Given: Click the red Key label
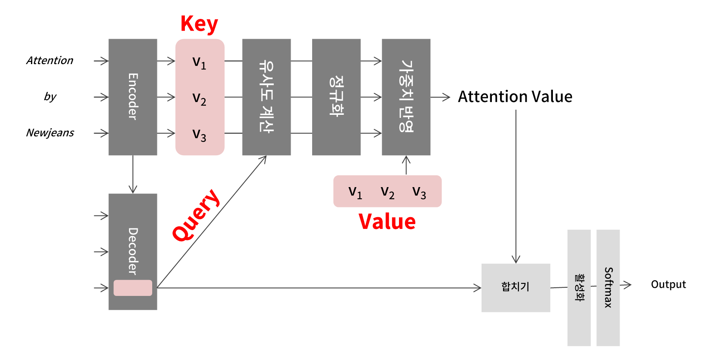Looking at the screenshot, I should (x=199, y=24).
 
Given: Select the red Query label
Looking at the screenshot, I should (x=196, y=215).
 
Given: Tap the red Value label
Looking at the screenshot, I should (x=387, y=222).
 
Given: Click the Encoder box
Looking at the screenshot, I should (x=133, y=97).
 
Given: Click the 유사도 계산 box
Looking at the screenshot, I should (x=267, y=97).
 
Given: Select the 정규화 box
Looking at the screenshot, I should (x=336, y=97).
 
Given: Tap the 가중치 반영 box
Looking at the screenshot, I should (x=406, y=97).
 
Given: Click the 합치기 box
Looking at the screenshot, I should (x=516, y=287).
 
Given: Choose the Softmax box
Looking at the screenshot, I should (x=608, y=287).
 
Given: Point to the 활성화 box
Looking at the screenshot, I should (x=579, y=287).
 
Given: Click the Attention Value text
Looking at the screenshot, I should (x=515, y=97).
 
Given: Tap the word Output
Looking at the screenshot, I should (x=668, y=284).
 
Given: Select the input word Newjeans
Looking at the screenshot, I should (x=50, y=132).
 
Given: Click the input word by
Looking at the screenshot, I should (x=50, y=97).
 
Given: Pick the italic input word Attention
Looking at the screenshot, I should (x=50, y=60).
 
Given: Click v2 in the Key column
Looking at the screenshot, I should (x=199, y=98).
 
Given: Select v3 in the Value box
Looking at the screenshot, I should (x=419, y=192).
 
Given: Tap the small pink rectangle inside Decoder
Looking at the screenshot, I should (x=133, y=288).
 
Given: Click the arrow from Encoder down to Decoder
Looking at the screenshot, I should (x=133, y=174).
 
